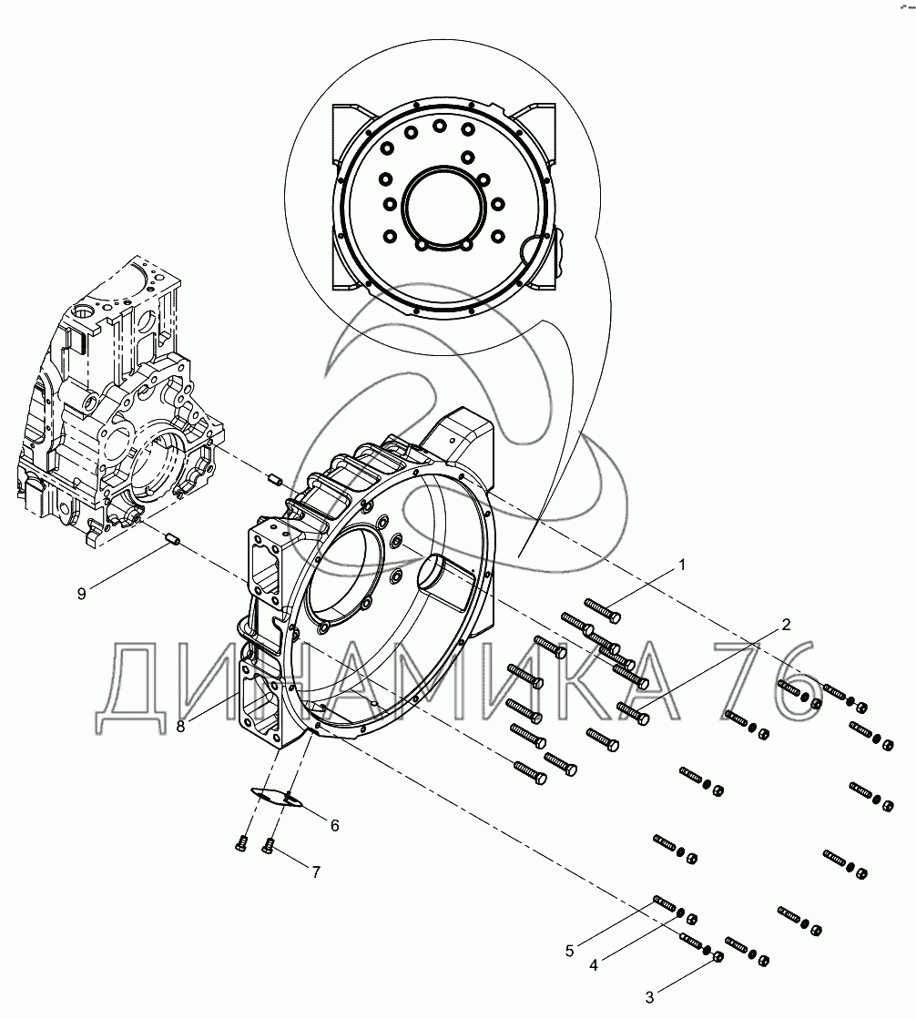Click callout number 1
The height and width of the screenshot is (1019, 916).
[x=681, y=566]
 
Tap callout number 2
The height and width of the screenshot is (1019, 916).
[x=786, y=626]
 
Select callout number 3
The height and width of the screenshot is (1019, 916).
[x=649, y=997]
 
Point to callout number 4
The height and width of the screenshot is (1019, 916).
[x=593, y=965]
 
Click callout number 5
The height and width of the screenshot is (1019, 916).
[x=569, y=951]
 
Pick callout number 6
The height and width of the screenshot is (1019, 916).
[x=334, y=825]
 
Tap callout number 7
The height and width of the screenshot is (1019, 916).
[x=316, y=872]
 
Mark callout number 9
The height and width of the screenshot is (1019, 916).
[x=81, y=594]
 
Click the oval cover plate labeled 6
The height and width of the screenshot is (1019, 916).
[x=276, y=796]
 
